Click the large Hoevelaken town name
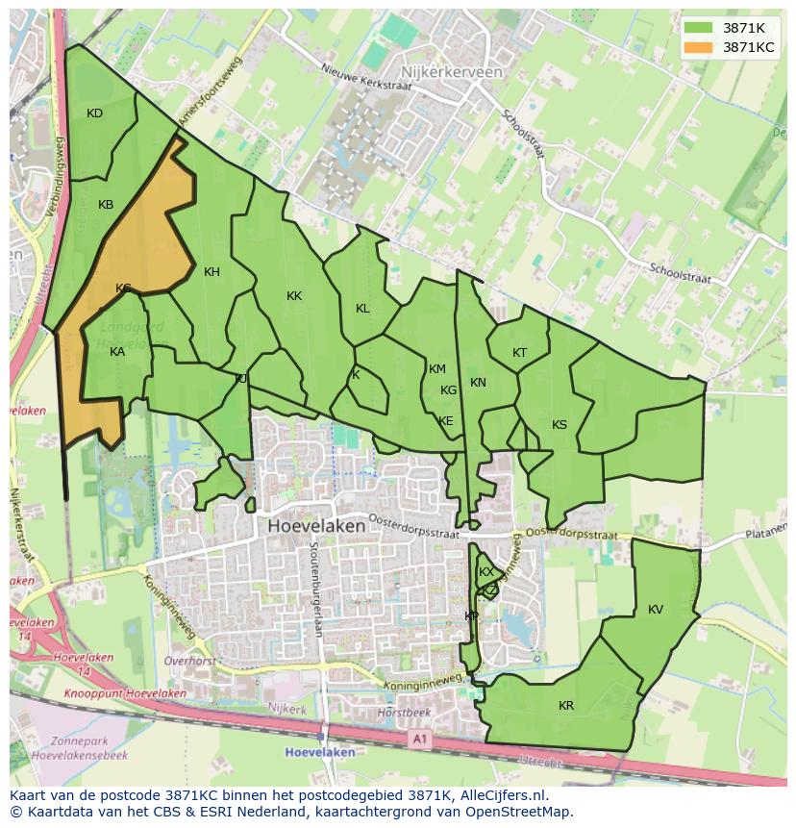pos(316,526)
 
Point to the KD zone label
pos(94,113)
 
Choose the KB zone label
pos(106,205)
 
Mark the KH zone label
pos(211,272)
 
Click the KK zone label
pos(294,296)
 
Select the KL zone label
pos(362,309)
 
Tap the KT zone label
pos(519,353)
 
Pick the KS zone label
pos(559,425)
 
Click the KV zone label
pos(655,610)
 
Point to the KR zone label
pos(566,706)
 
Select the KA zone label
pos(117,352)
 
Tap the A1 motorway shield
pos(418,739)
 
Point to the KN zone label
pos(478,383)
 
